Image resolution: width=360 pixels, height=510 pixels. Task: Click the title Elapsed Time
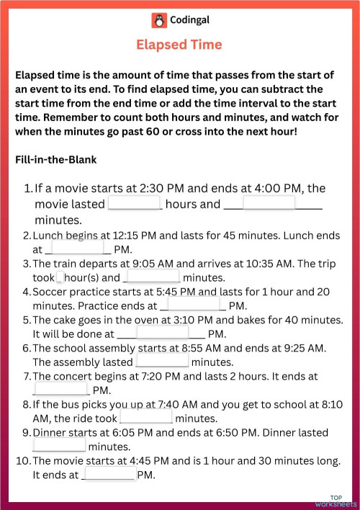(179, 45)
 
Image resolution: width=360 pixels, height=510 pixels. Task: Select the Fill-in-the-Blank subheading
(55, 158)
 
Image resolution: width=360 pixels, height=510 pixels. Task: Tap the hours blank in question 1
(135, 204)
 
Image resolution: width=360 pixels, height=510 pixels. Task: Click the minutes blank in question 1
(269, 204)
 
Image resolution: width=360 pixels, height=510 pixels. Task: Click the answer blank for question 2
(78, 249)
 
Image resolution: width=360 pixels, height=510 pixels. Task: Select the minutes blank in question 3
(153, 277)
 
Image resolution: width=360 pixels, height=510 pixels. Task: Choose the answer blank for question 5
(162, 334)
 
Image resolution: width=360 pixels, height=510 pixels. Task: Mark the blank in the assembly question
(162, 362)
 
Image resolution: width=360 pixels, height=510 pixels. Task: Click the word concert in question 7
(76, 376)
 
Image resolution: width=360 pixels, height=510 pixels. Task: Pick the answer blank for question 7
(61, 390)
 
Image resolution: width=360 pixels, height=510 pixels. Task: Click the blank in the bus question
(146, 418)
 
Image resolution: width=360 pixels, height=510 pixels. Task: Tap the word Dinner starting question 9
(51, 432)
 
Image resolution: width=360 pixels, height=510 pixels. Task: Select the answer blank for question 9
(60, 447)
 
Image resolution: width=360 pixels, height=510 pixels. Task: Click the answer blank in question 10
(109, 475)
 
